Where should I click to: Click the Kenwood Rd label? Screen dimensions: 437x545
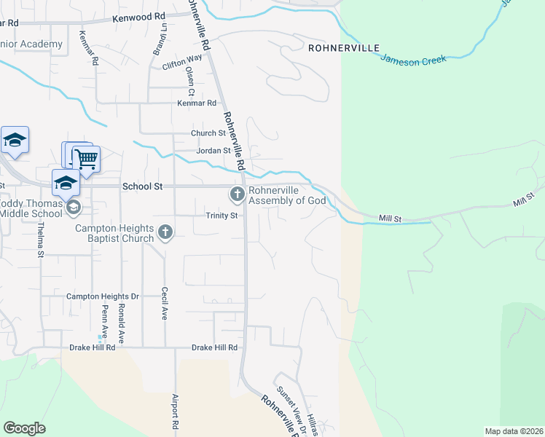click(139, 15)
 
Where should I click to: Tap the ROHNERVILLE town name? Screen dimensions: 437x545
click(344, 48)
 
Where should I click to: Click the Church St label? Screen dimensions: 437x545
click(208, 133)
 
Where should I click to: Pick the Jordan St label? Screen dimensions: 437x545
click(213, 151)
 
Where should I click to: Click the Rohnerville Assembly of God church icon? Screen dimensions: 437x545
click(237, 194)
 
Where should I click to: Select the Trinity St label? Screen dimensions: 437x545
click(221, 216)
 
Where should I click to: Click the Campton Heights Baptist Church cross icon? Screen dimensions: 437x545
click(165, 233)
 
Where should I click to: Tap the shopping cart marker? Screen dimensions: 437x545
click(87, 158)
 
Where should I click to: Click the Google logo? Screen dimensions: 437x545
click(24, 428)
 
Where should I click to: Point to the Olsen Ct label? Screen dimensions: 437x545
click(190, 82)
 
